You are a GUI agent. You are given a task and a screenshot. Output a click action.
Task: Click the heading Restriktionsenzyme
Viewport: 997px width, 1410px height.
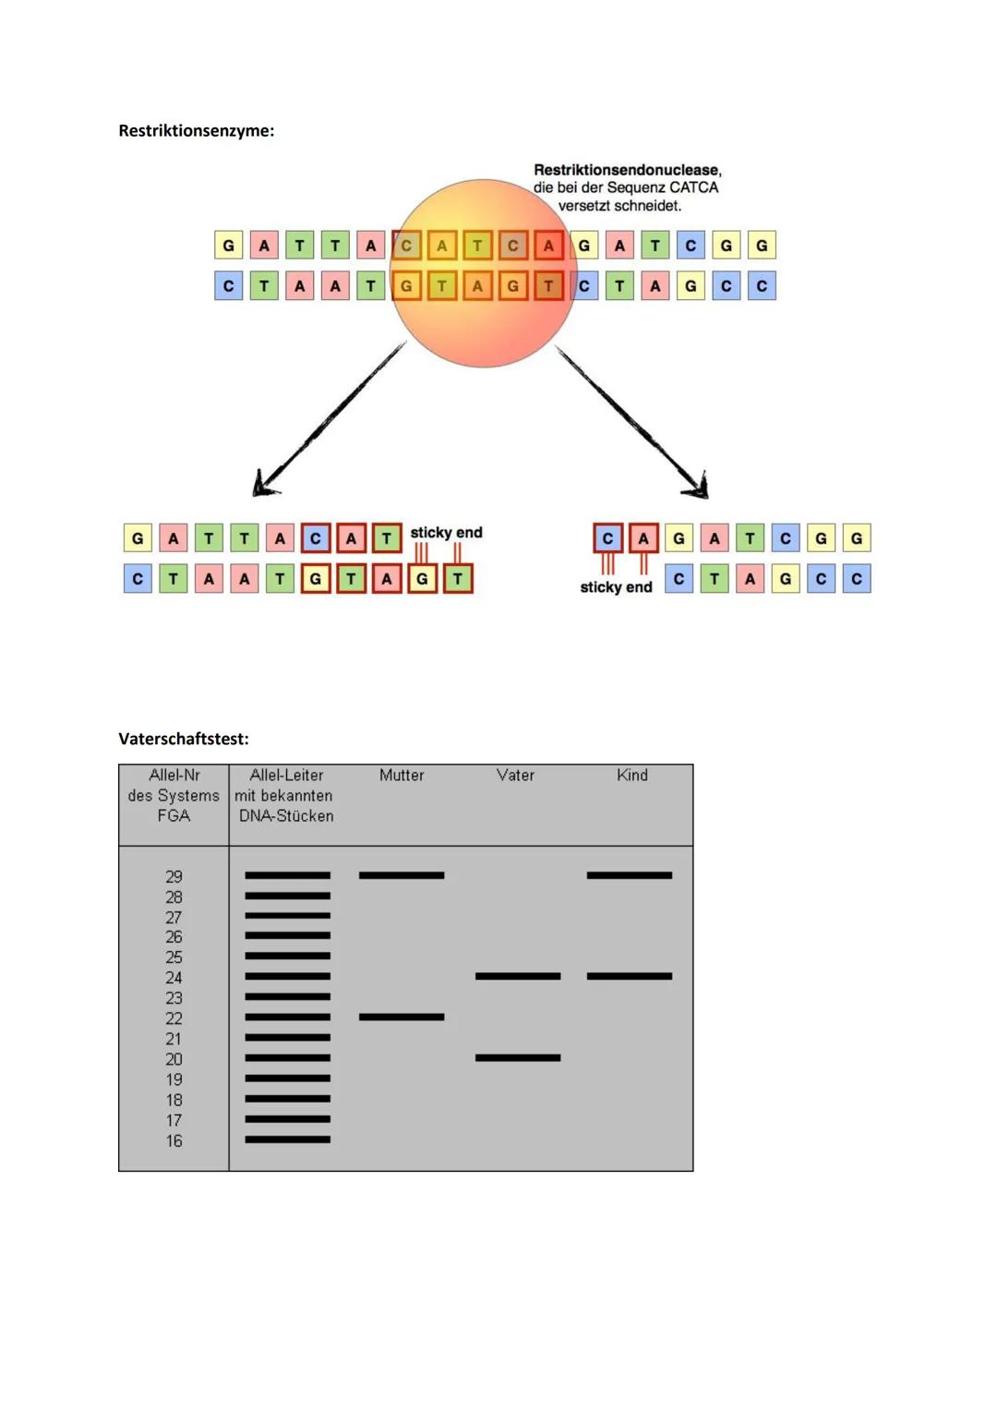tap(196, 130)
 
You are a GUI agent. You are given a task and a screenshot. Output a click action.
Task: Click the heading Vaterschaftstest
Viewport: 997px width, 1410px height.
tap(184, 739)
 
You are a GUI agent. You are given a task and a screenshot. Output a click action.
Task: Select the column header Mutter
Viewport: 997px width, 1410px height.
tap(402, 776)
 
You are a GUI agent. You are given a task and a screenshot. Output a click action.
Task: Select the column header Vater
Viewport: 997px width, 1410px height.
tap(515, 776)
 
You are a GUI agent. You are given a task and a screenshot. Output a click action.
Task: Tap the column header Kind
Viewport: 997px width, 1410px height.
tap(632, 776)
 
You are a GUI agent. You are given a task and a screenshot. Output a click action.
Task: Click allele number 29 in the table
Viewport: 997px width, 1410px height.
tap(174, 876)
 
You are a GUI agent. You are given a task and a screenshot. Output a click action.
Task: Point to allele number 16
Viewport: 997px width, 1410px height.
tap(174, 1141)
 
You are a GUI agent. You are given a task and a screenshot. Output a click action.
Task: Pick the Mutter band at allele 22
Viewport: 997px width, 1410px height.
tap(402, 1017)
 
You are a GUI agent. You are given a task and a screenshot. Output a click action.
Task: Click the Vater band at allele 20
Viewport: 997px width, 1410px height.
tap(518, 1057)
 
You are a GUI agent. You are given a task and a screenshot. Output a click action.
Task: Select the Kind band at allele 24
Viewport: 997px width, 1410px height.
tap(630, 976)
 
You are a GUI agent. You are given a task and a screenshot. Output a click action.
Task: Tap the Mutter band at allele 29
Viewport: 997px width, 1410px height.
tap(402, 874)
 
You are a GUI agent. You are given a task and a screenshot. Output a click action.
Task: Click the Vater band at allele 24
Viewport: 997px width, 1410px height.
tap(518, 976)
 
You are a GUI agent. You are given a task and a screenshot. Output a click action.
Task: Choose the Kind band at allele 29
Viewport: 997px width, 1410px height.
tap(630, 874)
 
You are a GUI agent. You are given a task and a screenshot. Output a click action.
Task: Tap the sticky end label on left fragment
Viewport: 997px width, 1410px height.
tap(446, 533)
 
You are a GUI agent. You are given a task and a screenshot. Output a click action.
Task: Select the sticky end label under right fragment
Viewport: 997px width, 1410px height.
tap(616, 587)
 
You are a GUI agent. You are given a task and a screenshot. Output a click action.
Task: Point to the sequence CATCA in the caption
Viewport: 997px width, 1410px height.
tap(693, 187)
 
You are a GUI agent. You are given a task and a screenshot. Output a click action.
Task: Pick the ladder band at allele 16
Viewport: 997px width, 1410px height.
tap(287, 1139)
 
